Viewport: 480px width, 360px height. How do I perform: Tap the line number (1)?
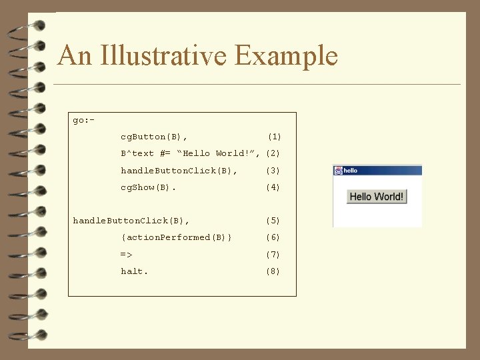pos(274,137)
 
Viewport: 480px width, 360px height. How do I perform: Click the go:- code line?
pos(83,120)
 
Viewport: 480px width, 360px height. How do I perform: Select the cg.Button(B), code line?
pos(154,137)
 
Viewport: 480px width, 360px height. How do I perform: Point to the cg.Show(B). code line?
pos(149,188)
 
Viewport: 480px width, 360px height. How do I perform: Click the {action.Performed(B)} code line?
pos(177,237)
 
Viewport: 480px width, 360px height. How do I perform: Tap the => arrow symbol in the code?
pos(127,255)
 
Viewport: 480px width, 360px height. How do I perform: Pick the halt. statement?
pos(135,271)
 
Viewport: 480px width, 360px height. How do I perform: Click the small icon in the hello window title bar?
pos(338,171)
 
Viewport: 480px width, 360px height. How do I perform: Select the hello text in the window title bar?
pos(351,171)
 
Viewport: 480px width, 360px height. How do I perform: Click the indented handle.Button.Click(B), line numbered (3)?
pos(179,171)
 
